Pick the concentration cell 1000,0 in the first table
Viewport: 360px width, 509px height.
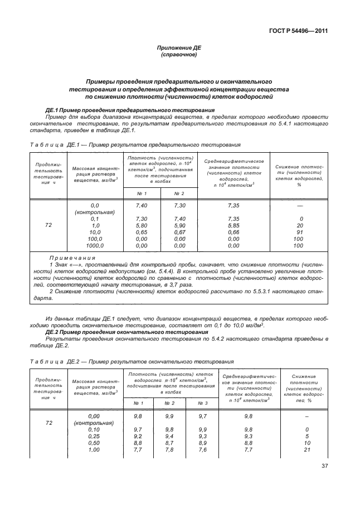[95, 245]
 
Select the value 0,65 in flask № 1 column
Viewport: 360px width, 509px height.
[141, 231]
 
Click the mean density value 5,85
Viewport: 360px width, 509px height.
[233, 225]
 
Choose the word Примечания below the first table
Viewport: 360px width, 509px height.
[72, 258]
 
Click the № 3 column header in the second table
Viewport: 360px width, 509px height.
[202, 402]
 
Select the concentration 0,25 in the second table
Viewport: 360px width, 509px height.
[94, 436]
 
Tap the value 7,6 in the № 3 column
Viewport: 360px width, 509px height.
[202, 449]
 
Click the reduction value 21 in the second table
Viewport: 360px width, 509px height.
[307, 449]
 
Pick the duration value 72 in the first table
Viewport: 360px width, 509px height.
[48, 225]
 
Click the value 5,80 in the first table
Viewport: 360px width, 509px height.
[141, 225]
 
